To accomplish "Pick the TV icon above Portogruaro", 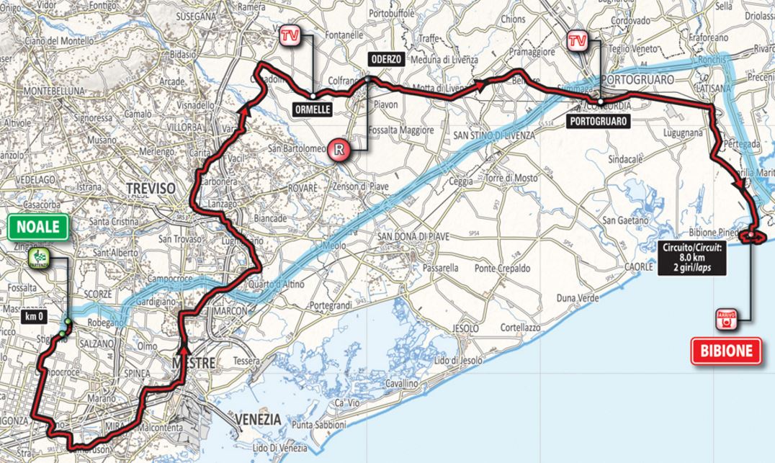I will (577, 41).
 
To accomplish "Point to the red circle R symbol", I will (339, 150).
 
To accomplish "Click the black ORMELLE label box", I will (312, 109).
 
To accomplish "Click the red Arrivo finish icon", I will (727, 318).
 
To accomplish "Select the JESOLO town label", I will (465, 328).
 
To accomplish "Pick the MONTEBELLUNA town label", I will (55, 91).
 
